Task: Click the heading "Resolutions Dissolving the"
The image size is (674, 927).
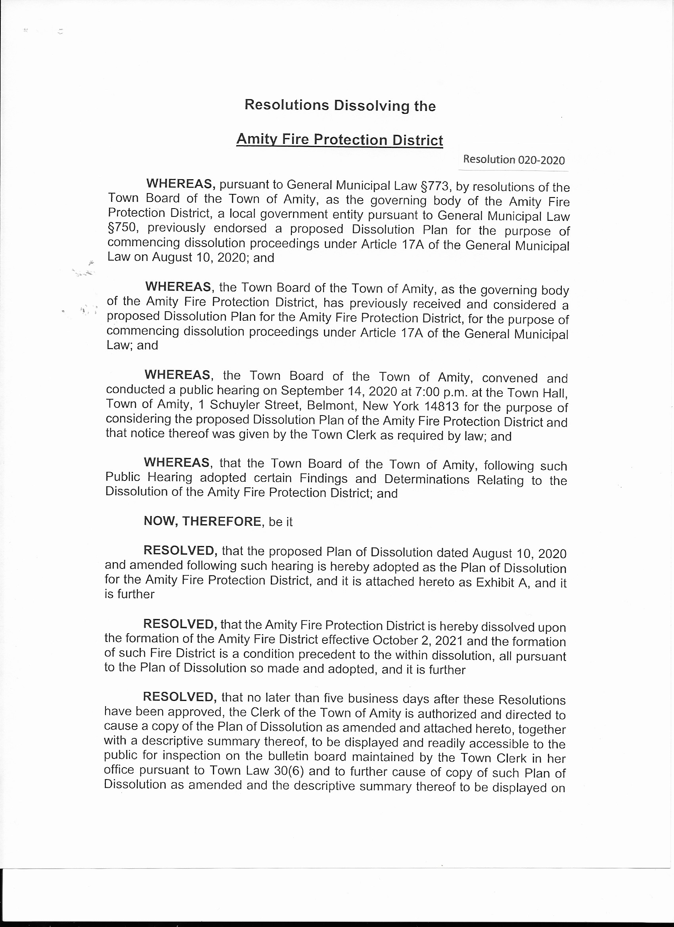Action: click(340, 105)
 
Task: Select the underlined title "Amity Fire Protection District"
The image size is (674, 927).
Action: click(339, 140)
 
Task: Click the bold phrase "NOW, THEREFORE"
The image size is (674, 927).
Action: click(202, 521)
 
